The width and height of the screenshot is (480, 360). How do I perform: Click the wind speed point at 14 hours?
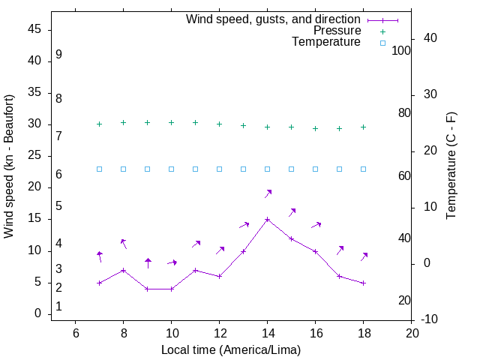point(267,220)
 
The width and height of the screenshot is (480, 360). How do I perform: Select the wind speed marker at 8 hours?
point(123,270)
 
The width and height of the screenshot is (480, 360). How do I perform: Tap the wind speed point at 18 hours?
point(363,283)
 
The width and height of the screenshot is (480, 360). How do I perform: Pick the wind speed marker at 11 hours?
point(195,270)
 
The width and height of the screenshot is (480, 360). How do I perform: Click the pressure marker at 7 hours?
point(99,124)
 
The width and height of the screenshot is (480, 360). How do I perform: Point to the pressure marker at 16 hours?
point(315,128)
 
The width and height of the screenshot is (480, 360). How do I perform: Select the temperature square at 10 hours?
point(171,169)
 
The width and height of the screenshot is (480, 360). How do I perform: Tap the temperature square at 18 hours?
point(363,169)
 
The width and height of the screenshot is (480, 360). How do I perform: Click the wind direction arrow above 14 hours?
point(268,193)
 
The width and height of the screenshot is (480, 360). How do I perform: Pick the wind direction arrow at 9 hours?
point(148,262)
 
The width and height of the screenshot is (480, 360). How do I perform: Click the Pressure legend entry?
point(337,31)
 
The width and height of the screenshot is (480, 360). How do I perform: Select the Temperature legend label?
point(326,43)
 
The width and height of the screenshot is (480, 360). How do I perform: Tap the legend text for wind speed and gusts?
point(274,19)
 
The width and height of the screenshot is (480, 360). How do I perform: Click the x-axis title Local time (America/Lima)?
point(231,349)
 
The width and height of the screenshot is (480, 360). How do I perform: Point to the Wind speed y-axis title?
point(9,166)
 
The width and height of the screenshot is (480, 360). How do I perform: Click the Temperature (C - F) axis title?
point(451,166)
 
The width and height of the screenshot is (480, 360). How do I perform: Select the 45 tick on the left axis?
point(34,29)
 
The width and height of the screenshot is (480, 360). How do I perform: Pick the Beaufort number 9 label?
point(58,55)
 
